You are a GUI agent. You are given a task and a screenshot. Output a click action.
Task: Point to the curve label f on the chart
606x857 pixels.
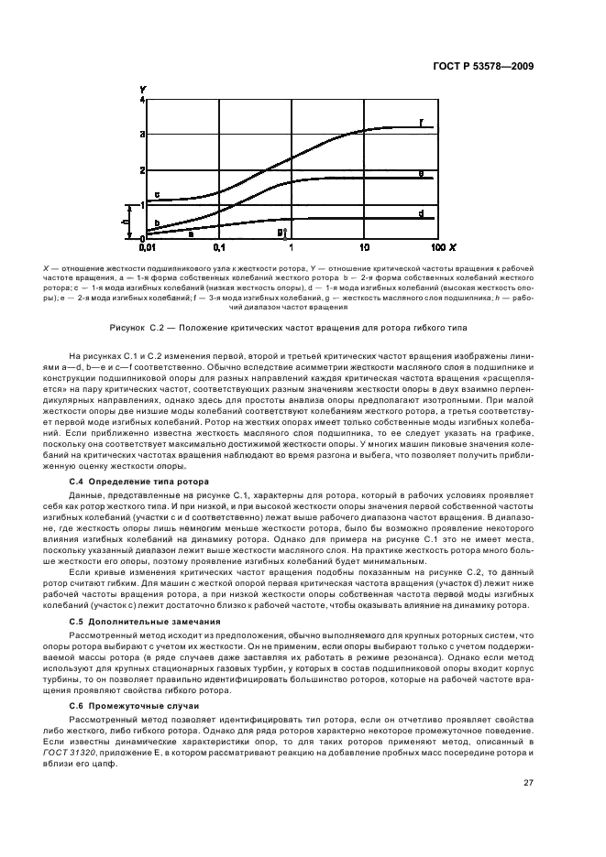tap(420, 122)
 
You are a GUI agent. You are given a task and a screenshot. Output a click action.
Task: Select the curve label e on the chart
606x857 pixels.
tap(420, 172)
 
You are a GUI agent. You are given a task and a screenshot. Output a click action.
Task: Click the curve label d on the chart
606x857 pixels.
tap(420, 213)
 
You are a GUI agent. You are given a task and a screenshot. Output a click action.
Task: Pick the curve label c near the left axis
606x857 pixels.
tap(157, 195)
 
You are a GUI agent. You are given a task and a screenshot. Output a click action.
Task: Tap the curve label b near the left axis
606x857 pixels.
tap(157, 222)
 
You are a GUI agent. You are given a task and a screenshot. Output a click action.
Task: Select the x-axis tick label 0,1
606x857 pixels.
tap(219, 248)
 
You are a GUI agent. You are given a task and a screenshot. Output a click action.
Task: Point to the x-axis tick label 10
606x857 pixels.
tap(364, 248)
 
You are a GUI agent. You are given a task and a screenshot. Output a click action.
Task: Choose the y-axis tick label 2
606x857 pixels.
tap(141, 170)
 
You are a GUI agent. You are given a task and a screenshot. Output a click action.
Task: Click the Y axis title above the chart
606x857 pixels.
tap(143, 88)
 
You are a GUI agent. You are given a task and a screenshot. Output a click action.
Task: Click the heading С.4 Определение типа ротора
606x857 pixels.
tap(140, 481)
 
